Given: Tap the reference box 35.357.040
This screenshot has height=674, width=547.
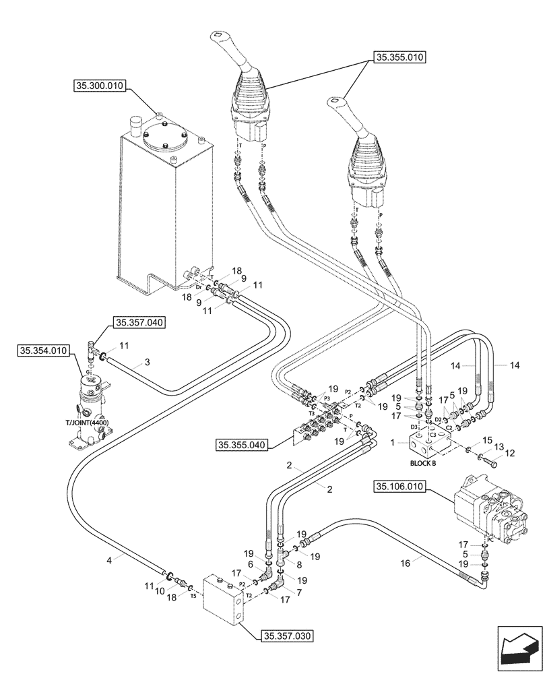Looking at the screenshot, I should coord(139,323).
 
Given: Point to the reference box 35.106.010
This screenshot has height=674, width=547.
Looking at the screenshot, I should coord(398,485).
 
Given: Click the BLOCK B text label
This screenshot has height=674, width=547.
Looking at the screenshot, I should coord(422,464).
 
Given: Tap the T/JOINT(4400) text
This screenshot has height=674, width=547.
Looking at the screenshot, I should coord(87,423).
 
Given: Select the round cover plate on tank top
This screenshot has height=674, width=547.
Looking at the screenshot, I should coord(164,141).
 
